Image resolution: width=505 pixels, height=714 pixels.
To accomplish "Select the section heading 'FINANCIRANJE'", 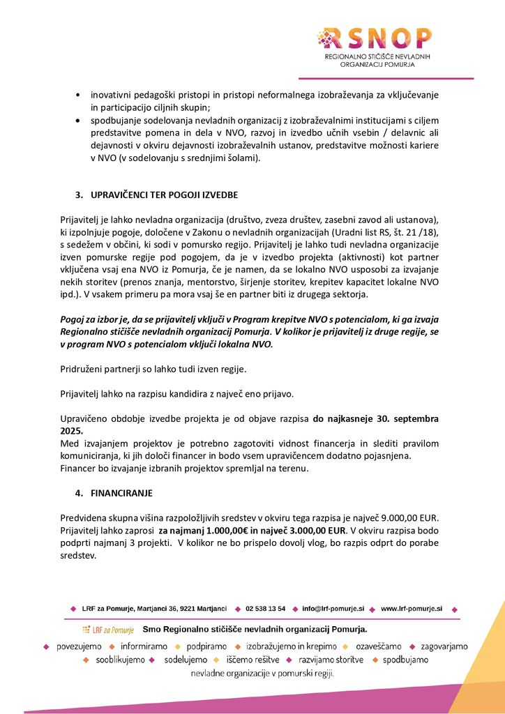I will click(121, 493).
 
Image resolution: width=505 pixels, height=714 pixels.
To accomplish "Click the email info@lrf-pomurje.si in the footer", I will click(333, 609).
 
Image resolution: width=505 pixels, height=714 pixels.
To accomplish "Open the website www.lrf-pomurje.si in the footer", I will click(412, 609).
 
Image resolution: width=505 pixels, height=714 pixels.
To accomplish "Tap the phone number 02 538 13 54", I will click(265, 609).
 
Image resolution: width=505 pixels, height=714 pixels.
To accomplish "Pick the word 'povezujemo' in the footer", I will click(79, 646).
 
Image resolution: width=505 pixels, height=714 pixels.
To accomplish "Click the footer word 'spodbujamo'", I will click(405, 660).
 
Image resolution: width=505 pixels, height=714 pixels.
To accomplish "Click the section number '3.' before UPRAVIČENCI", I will click(80, 193).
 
